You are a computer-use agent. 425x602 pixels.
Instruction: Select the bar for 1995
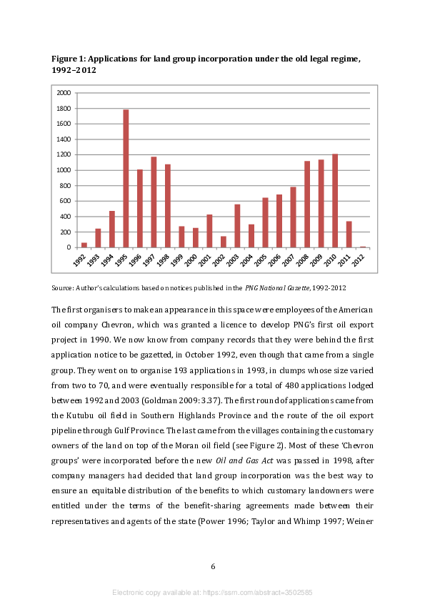[126, 179]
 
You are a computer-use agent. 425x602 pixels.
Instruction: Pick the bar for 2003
[237, 226]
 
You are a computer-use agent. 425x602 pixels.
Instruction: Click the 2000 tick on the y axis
[64, 93]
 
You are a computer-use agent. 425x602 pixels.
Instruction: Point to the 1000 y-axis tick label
[64, 170]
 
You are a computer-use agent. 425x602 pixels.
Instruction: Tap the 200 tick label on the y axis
[66, 232]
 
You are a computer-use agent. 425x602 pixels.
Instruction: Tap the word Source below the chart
[62, 287]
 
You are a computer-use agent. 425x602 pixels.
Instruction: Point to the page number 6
[213, 567]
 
